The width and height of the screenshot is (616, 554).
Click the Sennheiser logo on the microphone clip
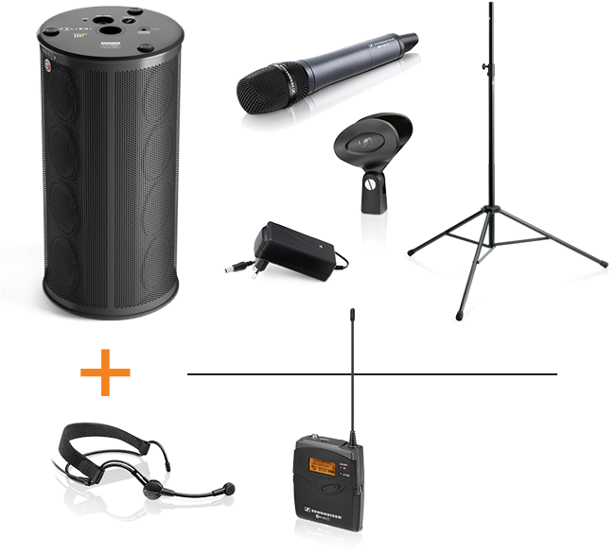click(x=361, y=147)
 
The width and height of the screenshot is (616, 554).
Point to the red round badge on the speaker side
click(x=44, y=66)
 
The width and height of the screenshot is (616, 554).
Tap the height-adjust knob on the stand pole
click(x=485, y=66)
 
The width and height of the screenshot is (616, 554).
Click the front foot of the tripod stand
click(x=462, y=313)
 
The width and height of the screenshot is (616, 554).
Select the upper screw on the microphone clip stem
click(x=370, y=184)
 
